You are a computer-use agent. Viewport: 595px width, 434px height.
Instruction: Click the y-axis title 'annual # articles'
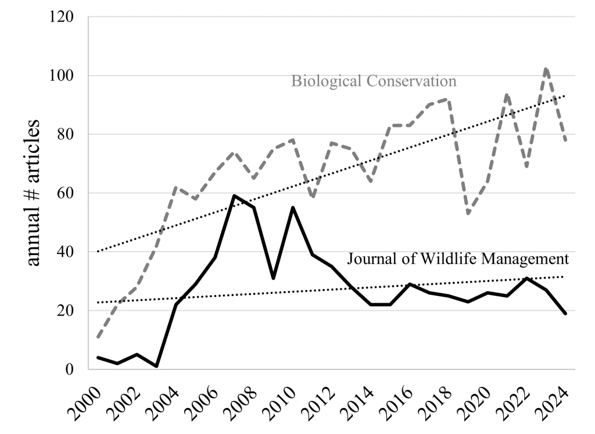click(x=34, y=193)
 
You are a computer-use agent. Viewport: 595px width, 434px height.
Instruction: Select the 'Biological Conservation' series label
click(x=374, y=81)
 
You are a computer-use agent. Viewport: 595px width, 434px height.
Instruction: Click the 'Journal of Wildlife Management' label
click(x=457, y=259)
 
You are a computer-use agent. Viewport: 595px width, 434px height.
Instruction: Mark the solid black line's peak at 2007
click(x=234, y=196)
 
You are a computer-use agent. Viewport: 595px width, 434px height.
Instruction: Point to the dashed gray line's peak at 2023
click(x=546, y=69)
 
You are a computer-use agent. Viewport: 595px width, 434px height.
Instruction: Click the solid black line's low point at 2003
click(x=156, y=366)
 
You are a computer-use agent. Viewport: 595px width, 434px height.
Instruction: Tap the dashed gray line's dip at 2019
click(x=468, y=213)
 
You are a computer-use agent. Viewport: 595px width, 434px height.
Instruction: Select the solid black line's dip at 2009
click(x=273, y=278)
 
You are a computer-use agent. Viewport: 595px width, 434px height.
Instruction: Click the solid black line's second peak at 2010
click(x=293, y=207)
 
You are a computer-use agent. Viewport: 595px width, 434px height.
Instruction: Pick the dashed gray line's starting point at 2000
click(x=98, y=337)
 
